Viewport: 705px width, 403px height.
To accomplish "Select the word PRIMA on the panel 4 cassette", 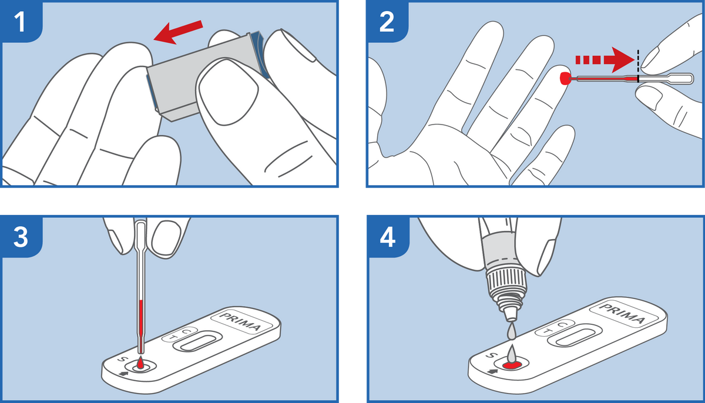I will pyautogui.click(x=622, y=313).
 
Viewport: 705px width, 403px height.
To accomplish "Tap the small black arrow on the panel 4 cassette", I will pyautogui.click(x=492, y=370).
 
